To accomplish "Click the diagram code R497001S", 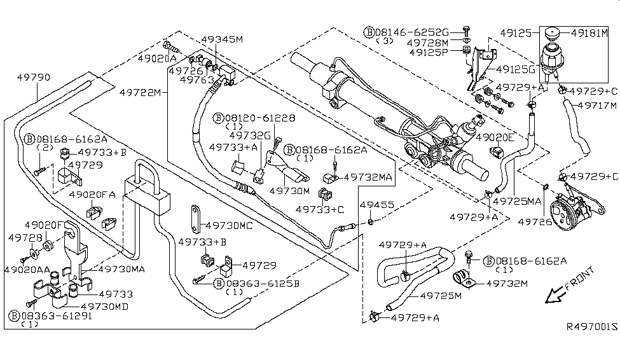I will pyautogui.click(x=592, y=328).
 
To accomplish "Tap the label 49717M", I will pyautogui.click(x=597, y=106).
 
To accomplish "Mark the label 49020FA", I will pyautogui.click(x=92, y=195).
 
